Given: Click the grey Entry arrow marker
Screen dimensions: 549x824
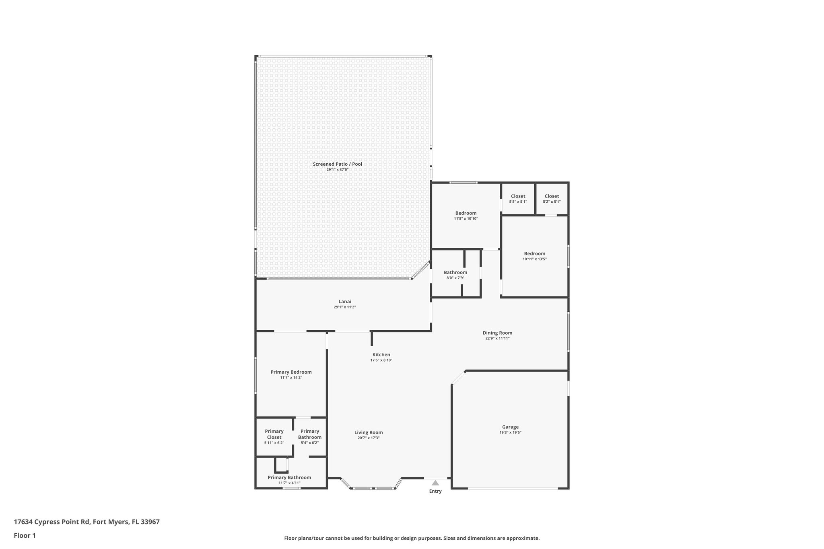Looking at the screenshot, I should (435, 483).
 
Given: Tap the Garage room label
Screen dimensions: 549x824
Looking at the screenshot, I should (510, 427).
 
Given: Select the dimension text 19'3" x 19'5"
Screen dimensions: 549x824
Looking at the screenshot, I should (510, 432).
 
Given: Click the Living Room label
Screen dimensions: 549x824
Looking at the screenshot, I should (368, 432).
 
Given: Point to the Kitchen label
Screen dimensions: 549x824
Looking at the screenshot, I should (381, 354).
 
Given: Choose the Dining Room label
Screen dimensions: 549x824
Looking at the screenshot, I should (497, 333).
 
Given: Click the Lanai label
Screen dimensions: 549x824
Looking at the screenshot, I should (345, 301).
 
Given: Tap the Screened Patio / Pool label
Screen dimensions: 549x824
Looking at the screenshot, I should (337, 164).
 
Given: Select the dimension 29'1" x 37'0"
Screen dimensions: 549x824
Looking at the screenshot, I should (337, 170).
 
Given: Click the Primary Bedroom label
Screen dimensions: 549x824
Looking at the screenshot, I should (291, 372).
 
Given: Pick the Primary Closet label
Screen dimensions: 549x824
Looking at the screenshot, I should (274, 434).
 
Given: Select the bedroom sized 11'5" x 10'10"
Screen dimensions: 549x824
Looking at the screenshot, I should (466, 216).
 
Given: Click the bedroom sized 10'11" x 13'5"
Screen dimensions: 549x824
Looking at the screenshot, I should (534, 256).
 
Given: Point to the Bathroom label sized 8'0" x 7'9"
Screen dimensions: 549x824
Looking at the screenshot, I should (455, 272).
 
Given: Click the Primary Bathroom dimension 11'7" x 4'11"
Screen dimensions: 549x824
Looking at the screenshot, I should (289, 483).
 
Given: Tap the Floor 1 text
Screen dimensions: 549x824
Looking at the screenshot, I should (25, 535).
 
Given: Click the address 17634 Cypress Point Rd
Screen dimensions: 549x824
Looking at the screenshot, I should (87, 522).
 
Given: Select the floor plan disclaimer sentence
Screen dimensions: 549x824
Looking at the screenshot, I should (412, 538).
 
